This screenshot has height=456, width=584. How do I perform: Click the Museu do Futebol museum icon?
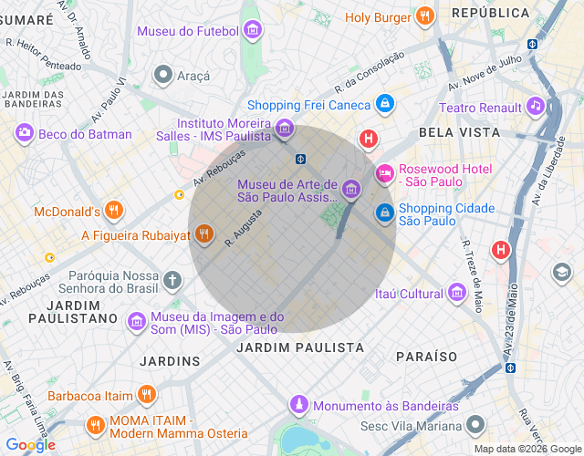pos(253,32)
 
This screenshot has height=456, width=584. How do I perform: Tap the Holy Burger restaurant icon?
pos(422,17)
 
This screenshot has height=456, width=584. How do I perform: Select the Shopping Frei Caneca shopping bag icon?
pos(385,105)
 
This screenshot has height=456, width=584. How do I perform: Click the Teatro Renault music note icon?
pos(536,107)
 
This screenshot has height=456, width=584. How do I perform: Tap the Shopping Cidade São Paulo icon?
pos(385,213)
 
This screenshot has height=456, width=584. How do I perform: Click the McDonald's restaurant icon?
pos(113,212)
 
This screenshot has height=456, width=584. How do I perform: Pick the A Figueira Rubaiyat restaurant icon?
pos(203,235)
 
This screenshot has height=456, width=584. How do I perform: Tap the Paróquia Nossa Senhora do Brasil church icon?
pos(173,278)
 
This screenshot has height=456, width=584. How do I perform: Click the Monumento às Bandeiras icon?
pos(298,405)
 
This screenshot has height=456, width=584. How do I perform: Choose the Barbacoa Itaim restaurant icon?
pos(146,395)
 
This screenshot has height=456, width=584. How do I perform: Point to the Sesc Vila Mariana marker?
pos(475,425)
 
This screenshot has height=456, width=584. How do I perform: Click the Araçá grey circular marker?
pos(163,74)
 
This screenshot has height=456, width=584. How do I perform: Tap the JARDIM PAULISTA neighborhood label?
pos(300,347)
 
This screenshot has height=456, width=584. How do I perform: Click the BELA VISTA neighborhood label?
pos(459,132)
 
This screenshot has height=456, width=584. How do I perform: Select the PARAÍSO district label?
pos(427,356)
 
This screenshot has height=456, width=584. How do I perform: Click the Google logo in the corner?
pos(29,445)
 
